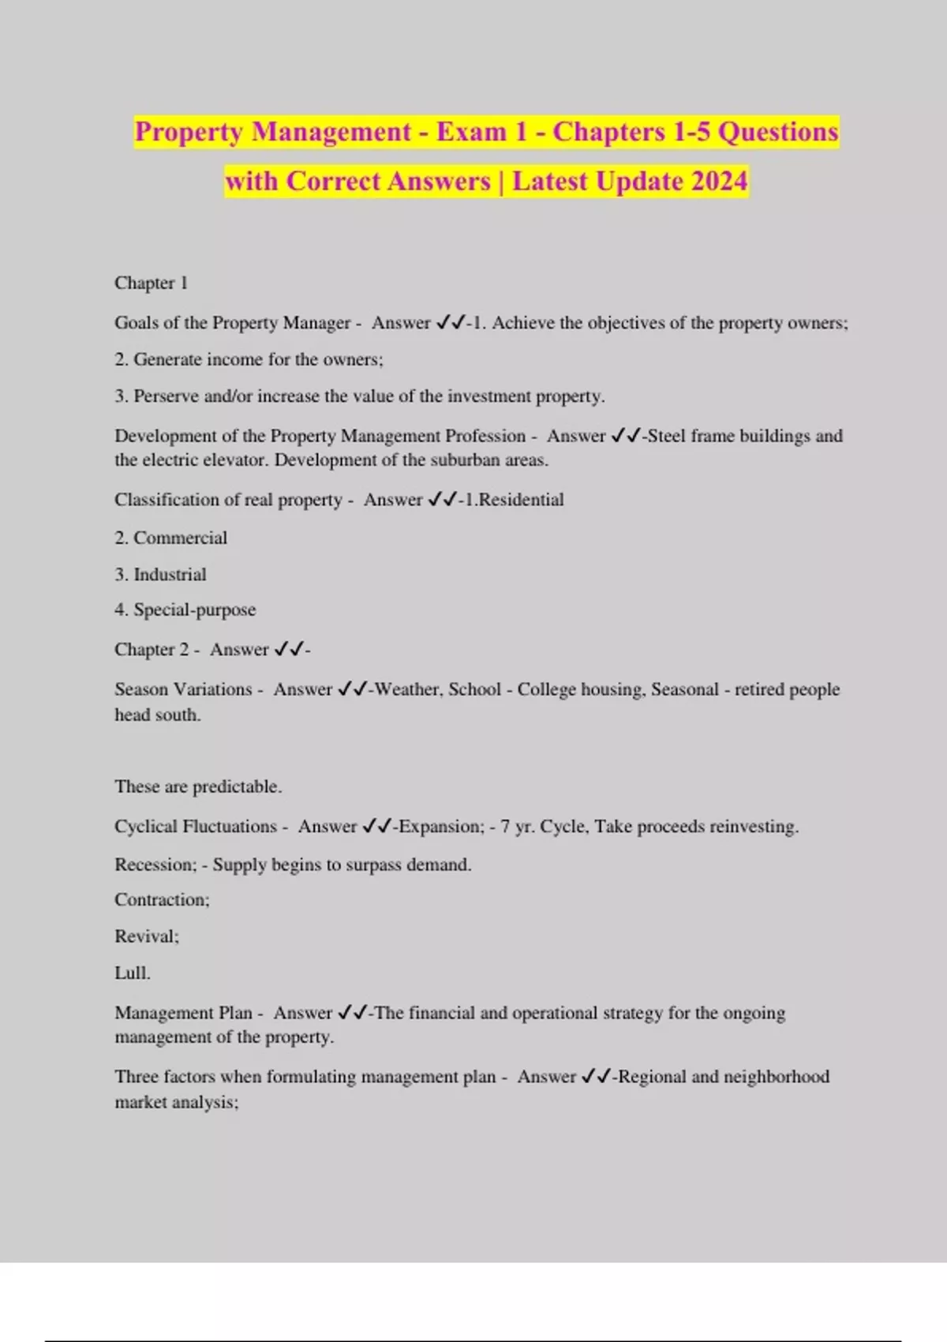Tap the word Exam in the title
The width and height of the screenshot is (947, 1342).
(x=471, y=131)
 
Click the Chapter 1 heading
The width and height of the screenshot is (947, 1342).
(x=151, y=283)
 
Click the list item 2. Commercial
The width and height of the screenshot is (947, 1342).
(x=170, y=538)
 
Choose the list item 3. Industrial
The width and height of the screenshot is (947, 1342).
(x=160, y=574)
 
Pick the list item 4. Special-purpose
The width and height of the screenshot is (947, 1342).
(x=185, y=609)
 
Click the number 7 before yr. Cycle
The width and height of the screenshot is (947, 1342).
(x=505, y=827)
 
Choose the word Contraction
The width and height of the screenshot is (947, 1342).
(x=161, y=900)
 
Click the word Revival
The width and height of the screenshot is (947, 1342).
(x=146, y=936)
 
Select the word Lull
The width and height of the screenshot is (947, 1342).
(x=132, y=973)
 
